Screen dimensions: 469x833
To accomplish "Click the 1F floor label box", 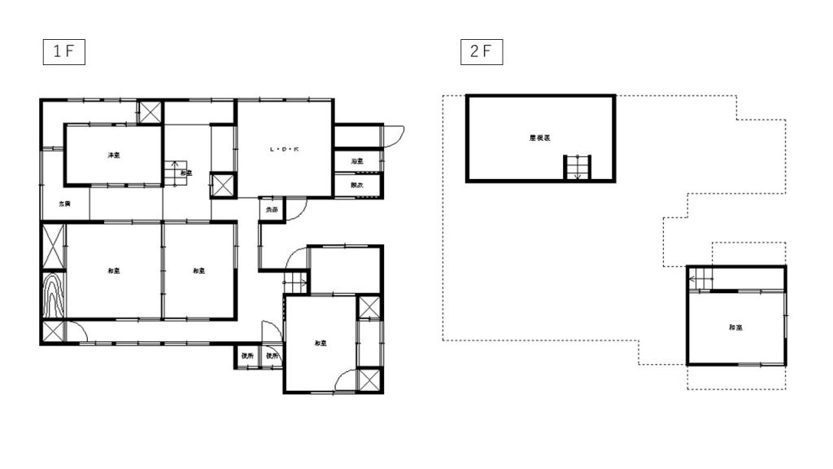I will tap(64, 51).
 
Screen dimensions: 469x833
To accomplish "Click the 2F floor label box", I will tap(481, 51).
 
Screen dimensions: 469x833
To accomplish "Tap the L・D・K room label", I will tap(284, 149).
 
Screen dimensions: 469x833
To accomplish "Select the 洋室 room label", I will tap(114, 155).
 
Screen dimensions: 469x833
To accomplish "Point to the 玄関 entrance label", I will tap(63, 204).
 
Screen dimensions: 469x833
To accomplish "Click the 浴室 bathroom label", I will tap(357, 161).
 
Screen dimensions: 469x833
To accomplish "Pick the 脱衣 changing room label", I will tap(357, 186).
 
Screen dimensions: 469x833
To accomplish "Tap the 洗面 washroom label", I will tap(270, 210).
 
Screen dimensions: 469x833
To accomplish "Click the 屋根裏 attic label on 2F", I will tap(539, 138).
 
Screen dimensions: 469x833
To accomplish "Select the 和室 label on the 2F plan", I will tap(735, 327).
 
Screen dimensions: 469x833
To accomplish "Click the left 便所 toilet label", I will tap(247, 357).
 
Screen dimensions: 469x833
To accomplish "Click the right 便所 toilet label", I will tap(272, 357).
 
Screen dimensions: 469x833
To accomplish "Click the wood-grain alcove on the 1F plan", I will tap(54, 296).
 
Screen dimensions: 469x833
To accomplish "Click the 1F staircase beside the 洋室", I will tap(173, 173).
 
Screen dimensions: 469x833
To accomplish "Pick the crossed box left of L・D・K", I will tap(223, 184).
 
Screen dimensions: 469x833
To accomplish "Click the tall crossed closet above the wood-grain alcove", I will tap(54, 247).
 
